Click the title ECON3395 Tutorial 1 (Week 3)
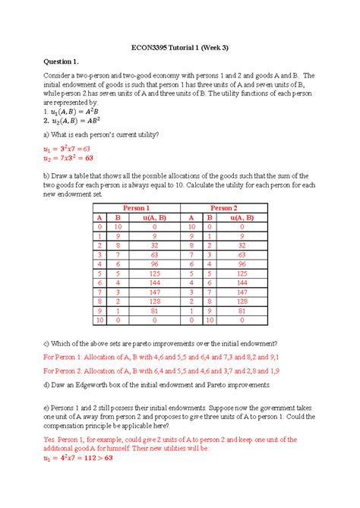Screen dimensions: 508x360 180,49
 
